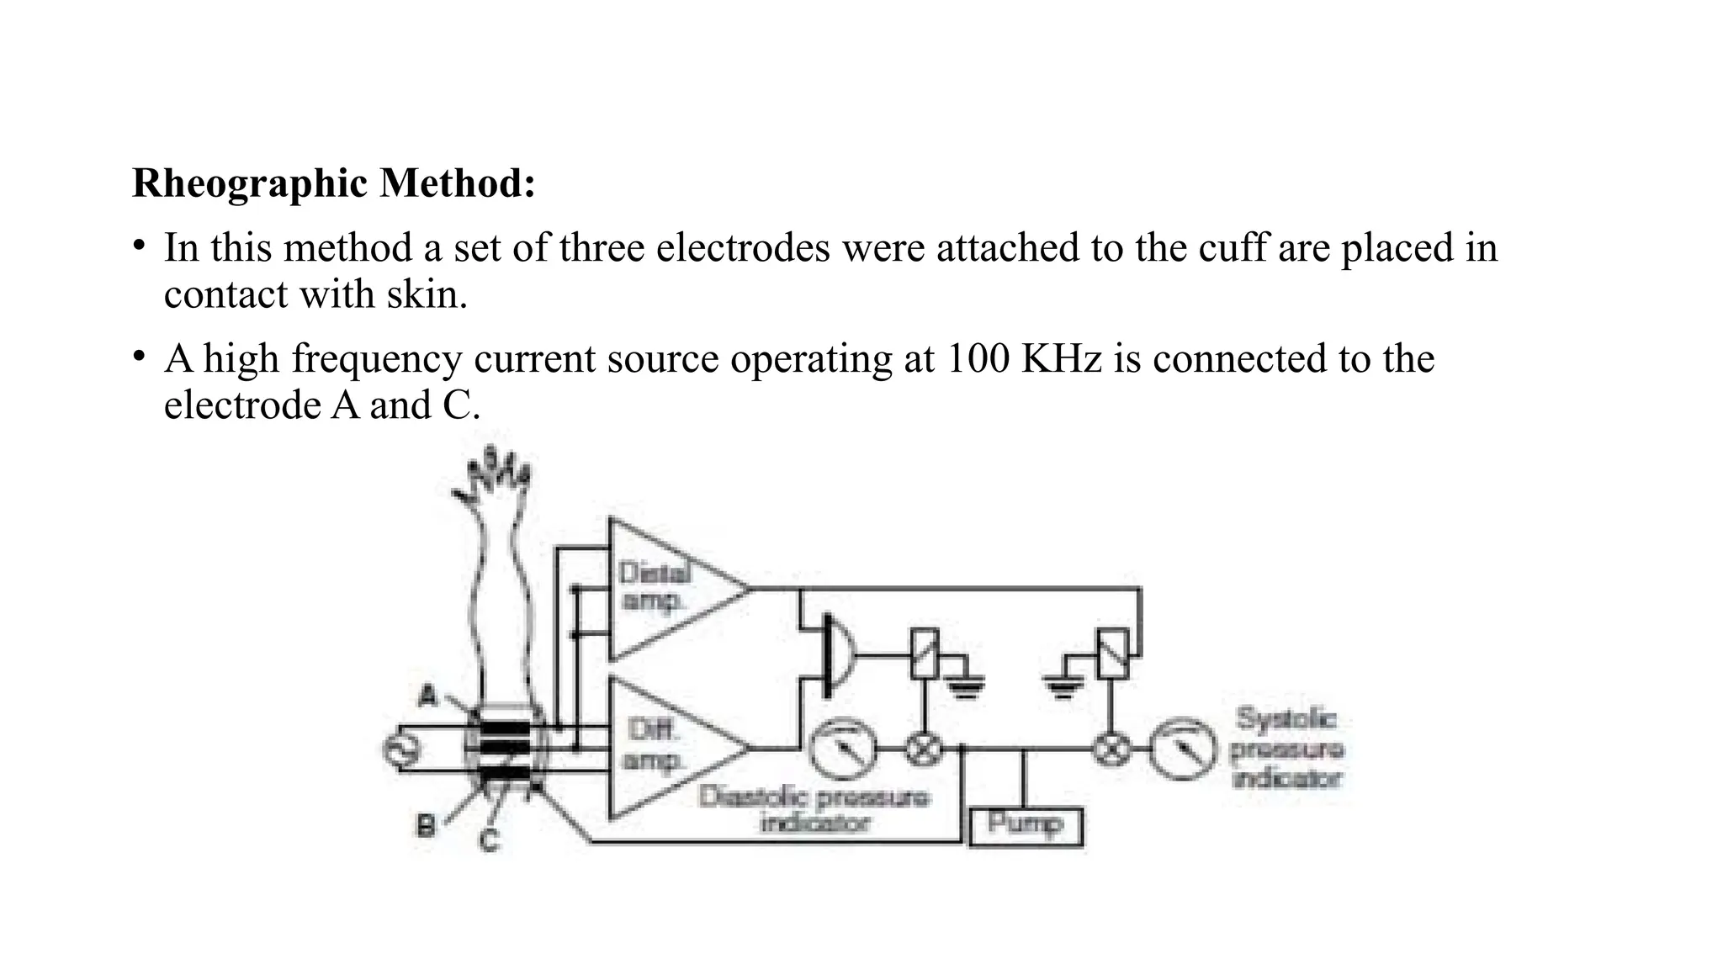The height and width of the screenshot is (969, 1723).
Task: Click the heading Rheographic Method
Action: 333,183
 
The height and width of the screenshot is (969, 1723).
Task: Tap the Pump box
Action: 1026,827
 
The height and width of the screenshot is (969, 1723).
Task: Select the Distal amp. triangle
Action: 665,589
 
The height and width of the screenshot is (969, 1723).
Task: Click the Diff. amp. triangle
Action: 665,747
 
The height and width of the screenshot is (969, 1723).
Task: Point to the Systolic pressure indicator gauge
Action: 1183,749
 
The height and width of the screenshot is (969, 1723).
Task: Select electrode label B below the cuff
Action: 427,827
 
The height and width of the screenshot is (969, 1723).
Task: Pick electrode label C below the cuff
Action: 490,840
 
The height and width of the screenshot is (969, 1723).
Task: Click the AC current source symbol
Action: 395,749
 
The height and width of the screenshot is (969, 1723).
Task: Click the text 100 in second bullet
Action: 978,359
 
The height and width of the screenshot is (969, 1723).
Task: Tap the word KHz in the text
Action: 1061,359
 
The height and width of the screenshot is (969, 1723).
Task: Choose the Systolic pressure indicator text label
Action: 1286,748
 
